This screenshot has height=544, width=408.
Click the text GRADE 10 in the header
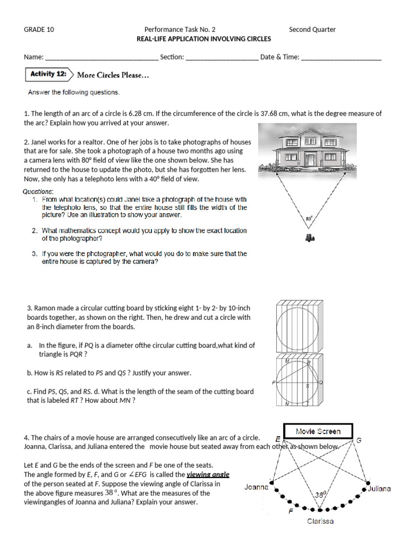tap(39, 30)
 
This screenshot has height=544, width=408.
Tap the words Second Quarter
tap(312, 30)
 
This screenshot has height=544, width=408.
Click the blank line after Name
tap(101, 58)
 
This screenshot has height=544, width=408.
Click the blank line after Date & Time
tap(341, 58)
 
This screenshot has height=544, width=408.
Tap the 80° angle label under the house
tap(309, 218)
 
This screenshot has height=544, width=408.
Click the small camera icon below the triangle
tap(310, 239)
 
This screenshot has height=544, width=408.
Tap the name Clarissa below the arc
tap(320, 521)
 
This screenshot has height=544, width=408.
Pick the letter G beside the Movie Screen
tap(359, 440)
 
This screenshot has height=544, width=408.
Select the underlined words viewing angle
tap(208, 474)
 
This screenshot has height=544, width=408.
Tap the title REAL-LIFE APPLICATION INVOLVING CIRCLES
tap(204, 39)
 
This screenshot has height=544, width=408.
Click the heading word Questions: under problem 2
tap(38, 191)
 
